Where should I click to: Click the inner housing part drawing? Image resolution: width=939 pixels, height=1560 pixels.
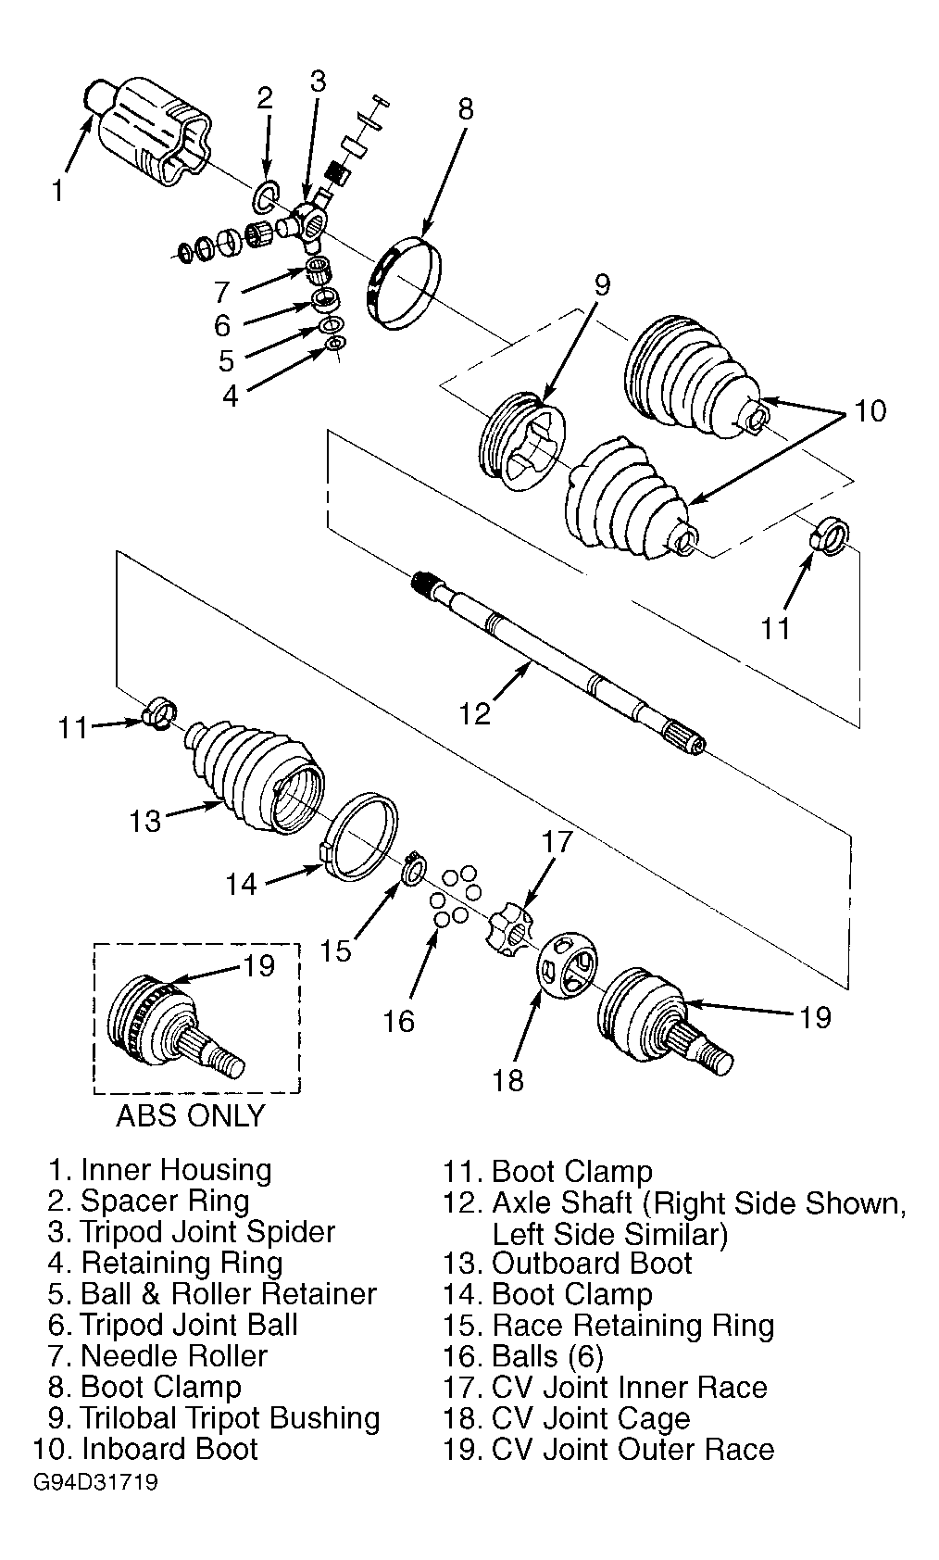pos(150,132)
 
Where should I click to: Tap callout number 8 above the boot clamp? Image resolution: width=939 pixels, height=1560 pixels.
pos(466,109)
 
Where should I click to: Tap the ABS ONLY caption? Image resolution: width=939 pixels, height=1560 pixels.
pos(191,1115)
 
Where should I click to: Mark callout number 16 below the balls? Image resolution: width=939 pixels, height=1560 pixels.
pos(399,1021)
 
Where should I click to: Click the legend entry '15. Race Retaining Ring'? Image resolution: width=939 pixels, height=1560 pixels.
pos(608,1326)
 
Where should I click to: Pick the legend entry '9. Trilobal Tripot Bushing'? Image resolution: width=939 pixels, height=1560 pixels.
pos(214,1418)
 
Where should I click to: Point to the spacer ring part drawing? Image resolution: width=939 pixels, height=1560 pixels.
pos(265,196)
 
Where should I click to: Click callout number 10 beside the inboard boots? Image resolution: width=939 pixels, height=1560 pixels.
pos(870,411)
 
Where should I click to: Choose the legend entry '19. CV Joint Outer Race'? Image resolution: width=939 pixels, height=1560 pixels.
pos(608,1449)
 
